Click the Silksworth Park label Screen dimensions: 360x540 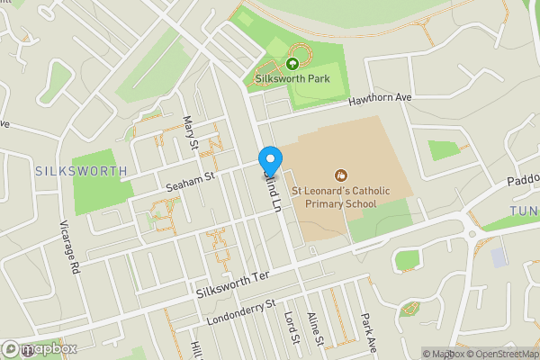(x=292, y=79)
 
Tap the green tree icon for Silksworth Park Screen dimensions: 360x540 (x=292, y=64)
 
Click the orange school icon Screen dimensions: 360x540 (x=340, y=175)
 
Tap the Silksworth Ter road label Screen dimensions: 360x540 (x=232, y=286)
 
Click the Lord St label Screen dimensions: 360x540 (x=290, y=328)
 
